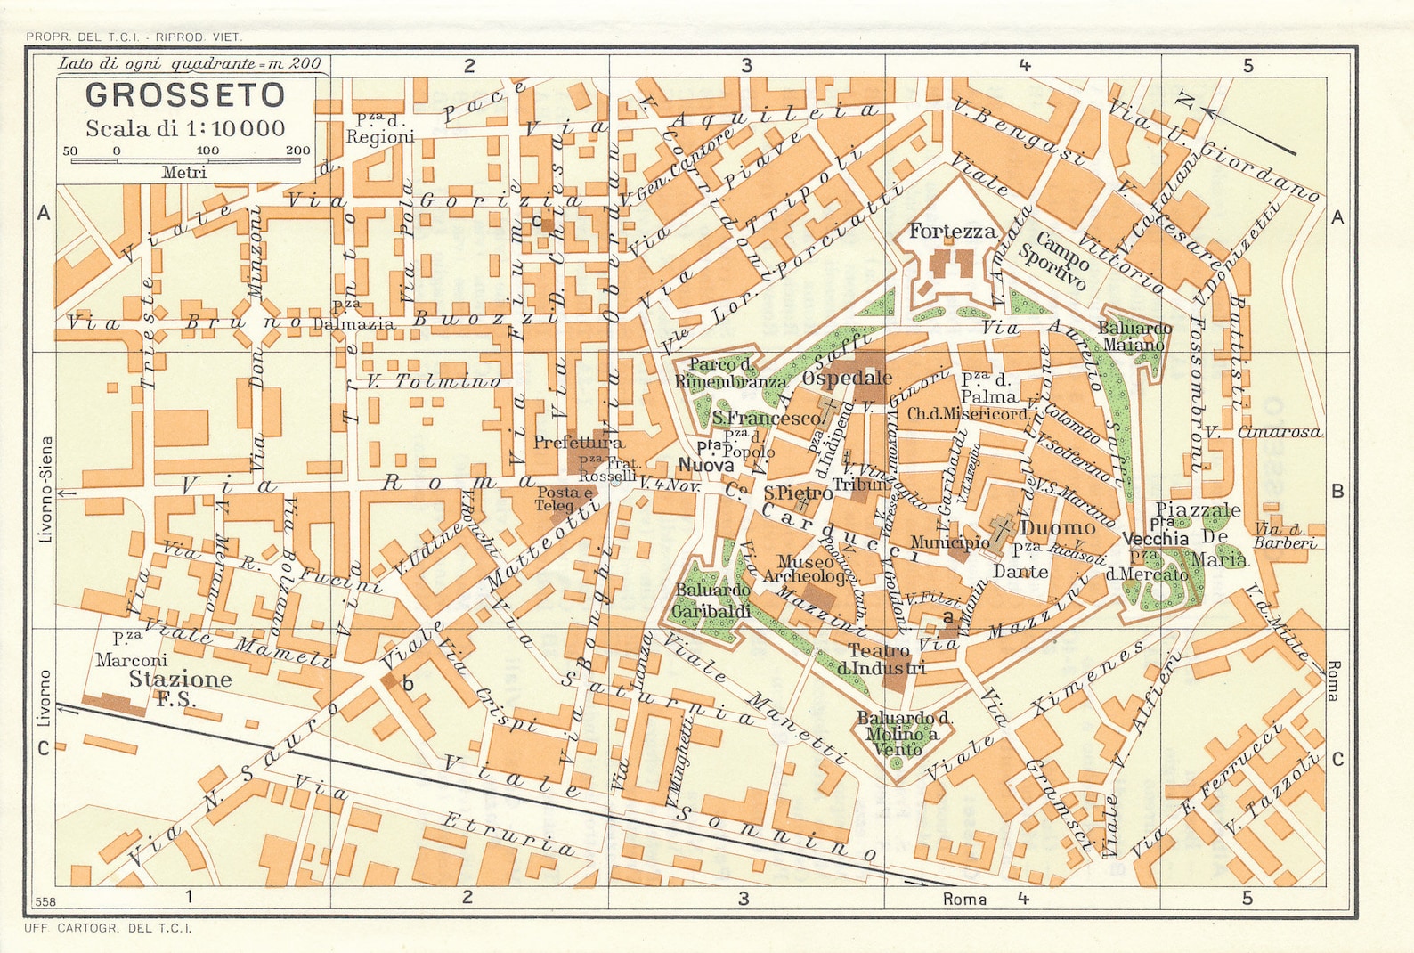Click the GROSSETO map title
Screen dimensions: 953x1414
pos(185,94)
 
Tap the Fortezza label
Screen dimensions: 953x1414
pos(952,232)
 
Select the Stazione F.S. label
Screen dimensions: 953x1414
pos(180,688)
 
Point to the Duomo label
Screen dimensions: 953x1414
pos(1057,527)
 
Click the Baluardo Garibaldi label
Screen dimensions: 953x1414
pos(712,601)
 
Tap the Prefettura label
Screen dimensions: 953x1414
pos(578,442)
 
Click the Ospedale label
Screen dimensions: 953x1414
pos(847,378)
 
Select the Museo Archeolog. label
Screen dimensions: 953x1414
pos(806,569)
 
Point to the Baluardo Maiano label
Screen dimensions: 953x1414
pos(1134,337)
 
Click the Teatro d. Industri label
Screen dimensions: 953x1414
pos(886,659)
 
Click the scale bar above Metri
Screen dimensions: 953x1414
pos(185,159)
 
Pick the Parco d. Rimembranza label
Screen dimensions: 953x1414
pos(725,373)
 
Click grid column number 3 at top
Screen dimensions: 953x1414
pos(746,65)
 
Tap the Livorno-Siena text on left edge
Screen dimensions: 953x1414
pos(46,489)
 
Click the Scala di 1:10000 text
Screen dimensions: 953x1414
pos(185,128)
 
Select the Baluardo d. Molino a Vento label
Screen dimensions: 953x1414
pos(902,733)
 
